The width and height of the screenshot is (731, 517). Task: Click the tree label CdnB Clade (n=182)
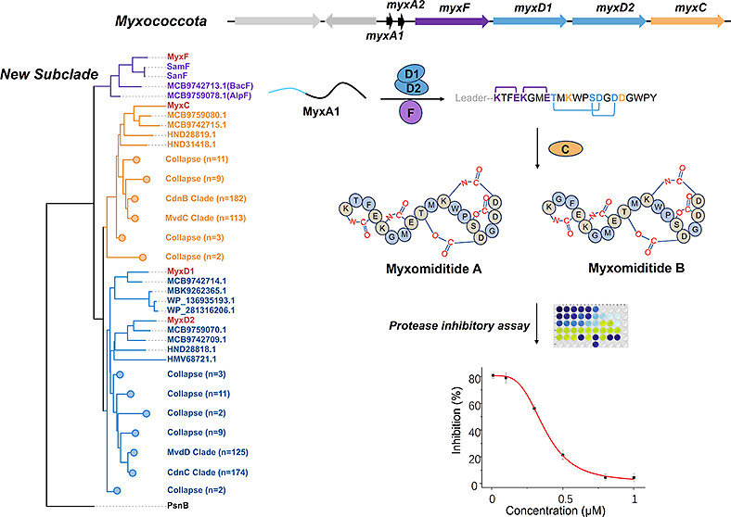pyautogui.click(x=203, y=198)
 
